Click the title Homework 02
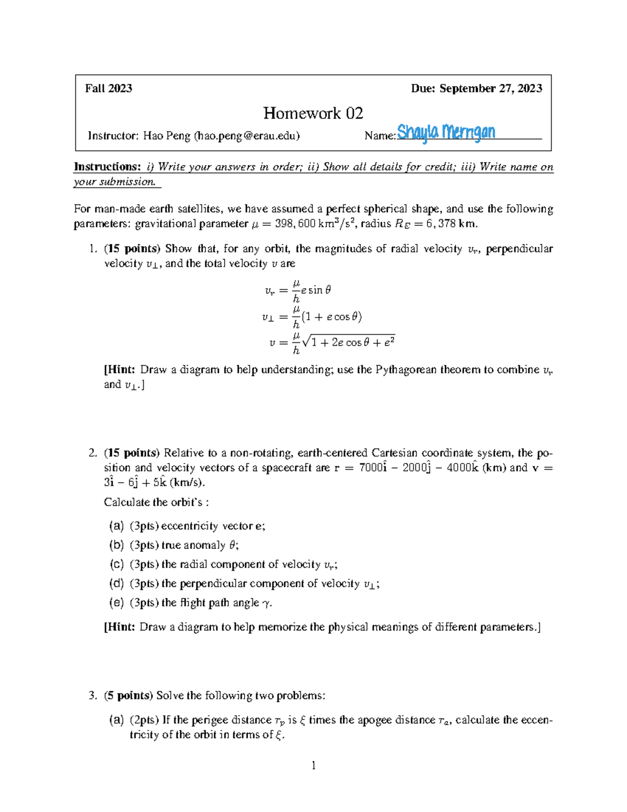pyautogui.click(x=313, y=113)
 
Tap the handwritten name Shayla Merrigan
pyautogui.click(x=446, y=133)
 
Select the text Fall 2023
pyautogui.click(x=109, y=88)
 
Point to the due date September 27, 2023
pyautogui.click(x=491, y=88)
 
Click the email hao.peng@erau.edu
pyautogui.click(x=247, y=136)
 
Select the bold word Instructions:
pyautogui.click(x=107, y=167)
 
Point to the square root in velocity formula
pyautogui.click(x=349, y=342)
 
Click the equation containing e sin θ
pyautogui.click(x=298, y=291)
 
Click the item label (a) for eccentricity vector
pyautogui.click(x=116, y=526)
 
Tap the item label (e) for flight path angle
pyautogui.click(x=116, y=602)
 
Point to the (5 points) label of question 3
pyautogui.click(x=129, y=695)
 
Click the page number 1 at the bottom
pyautogui.click(x=313, y=766)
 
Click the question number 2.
pyautogui.click(x=92, y=453)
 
